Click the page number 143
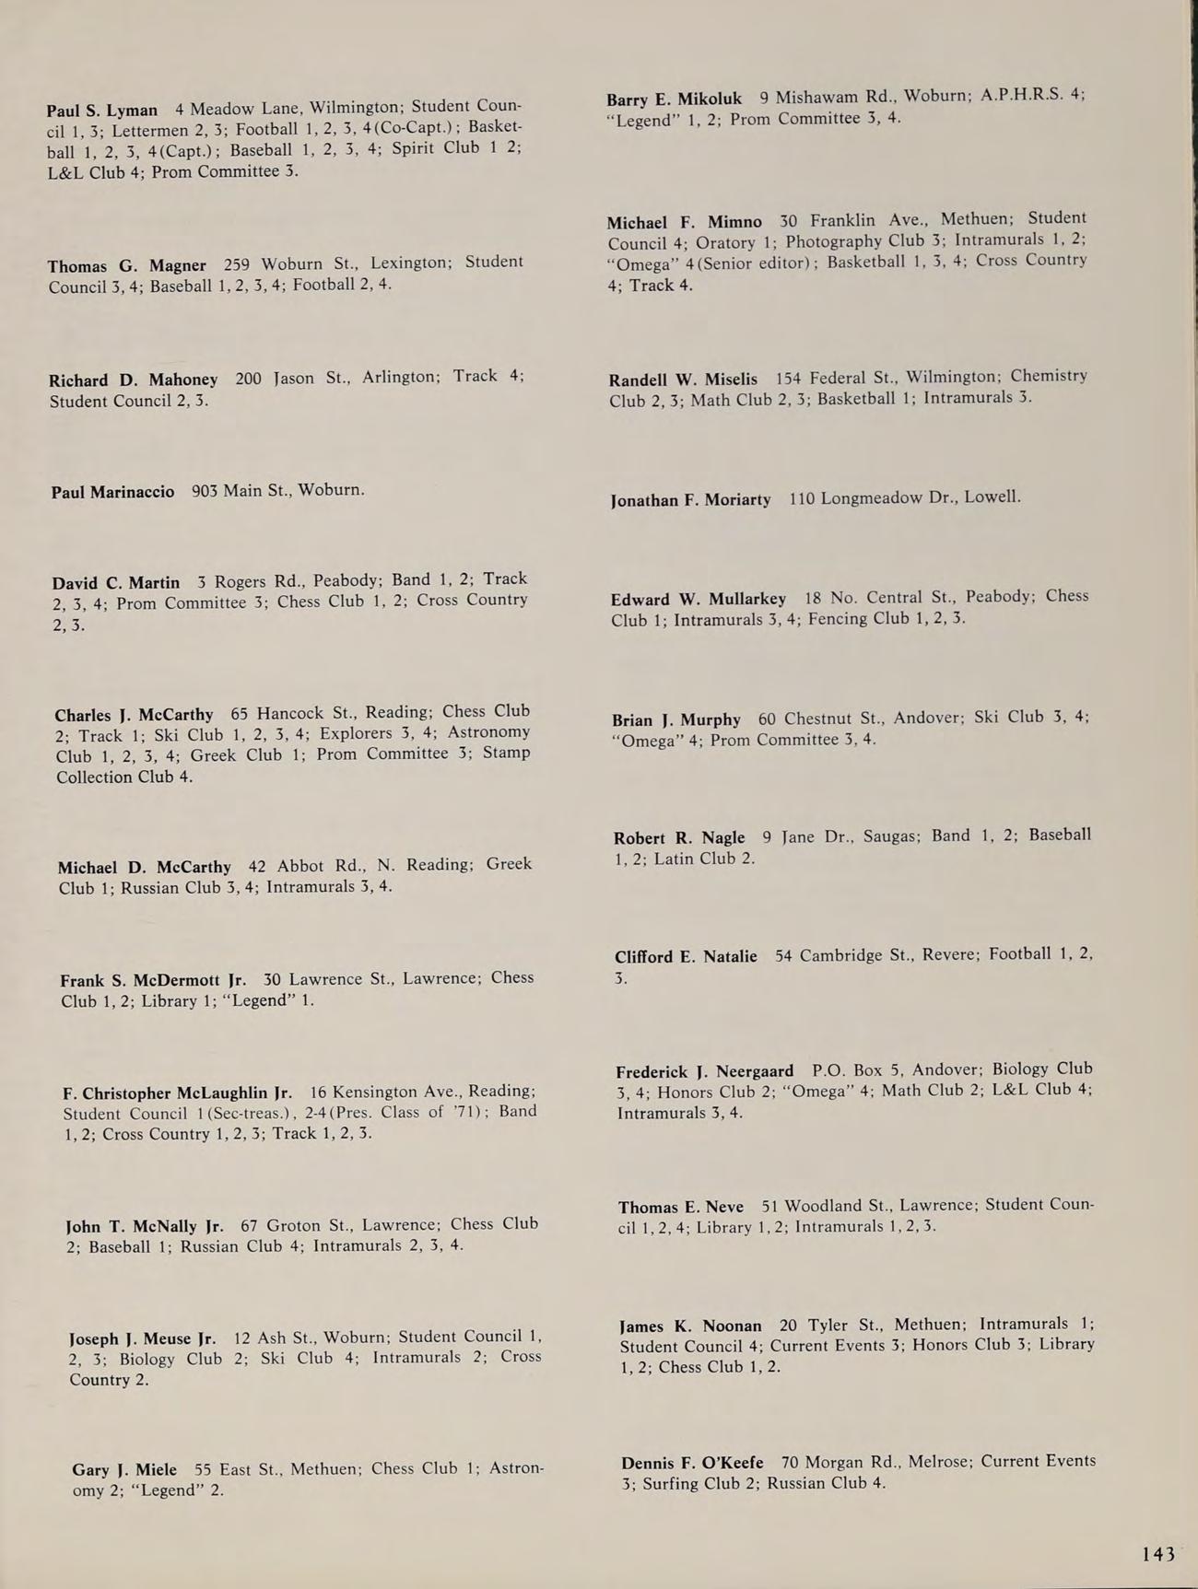point(1158,1554)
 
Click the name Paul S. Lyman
point(102,111)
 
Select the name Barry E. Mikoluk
point(674,99)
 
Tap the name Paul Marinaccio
point(112,492)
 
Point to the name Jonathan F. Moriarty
point(690,500)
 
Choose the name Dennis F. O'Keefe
point(692,1463)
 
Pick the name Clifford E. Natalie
point(686,957)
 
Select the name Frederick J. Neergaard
point(705,1071)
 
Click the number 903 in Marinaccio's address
point(204,491)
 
